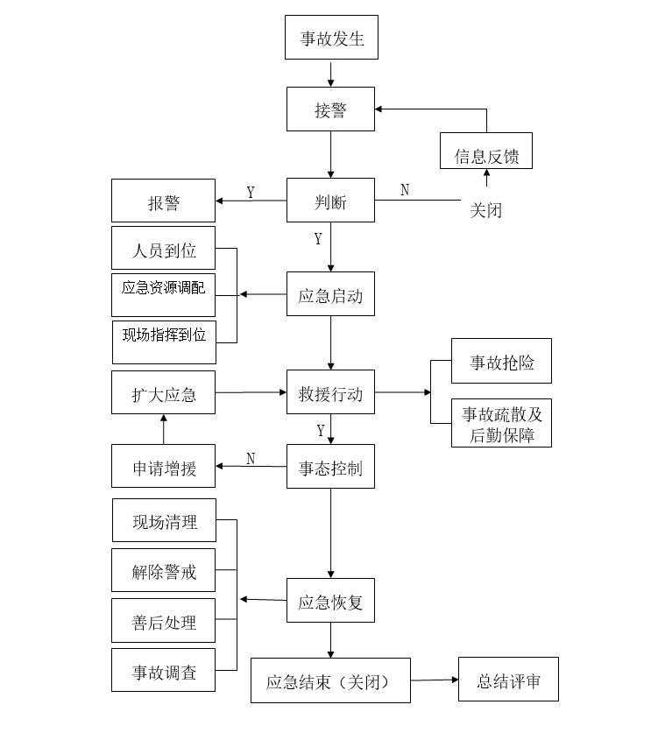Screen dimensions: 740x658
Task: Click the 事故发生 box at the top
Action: tap(331, 38)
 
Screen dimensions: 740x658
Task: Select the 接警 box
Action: tap(330, 109)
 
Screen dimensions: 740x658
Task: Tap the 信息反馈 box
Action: tap(485, 156)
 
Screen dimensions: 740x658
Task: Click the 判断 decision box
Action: tap(330, 201)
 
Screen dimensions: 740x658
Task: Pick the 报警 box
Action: tap(163, 201)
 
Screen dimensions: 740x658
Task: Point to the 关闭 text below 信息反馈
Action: tap(486, 210)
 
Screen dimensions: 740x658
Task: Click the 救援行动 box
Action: tap(330, 393)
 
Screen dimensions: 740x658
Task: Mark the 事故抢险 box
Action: tap(501, 361)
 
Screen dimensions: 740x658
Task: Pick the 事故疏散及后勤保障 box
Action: tap(501, 423)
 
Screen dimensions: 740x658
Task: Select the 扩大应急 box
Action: tap(163, 393)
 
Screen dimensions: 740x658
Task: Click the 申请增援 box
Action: tap(163, 467)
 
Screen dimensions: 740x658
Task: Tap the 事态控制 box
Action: tap(330, 467)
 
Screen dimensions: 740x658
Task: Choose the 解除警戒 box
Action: tap(163, 571)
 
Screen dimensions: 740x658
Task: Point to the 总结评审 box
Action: tap(508, 680)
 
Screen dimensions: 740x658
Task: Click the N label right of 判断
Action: tap(405, 190)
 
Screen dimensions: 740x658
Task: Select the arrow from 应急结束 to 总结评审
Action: tap(435, 680)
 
